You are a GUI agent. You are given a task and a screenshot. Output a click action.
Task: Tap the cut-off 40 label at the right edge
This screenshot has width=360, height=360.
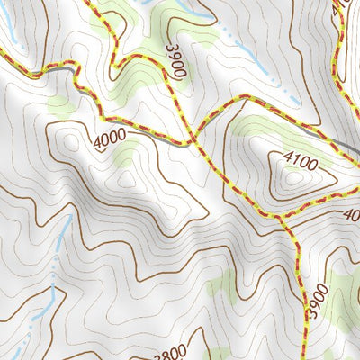(x=351, y=215)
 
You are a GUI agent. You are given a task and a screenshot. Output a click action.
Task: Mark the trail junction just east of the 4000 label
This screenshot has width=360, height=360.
(x=191, y=143)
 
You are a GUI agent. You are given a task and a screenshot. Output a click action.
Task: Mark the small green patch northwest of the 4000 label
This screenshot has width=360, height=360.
(x=61, y=105)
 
